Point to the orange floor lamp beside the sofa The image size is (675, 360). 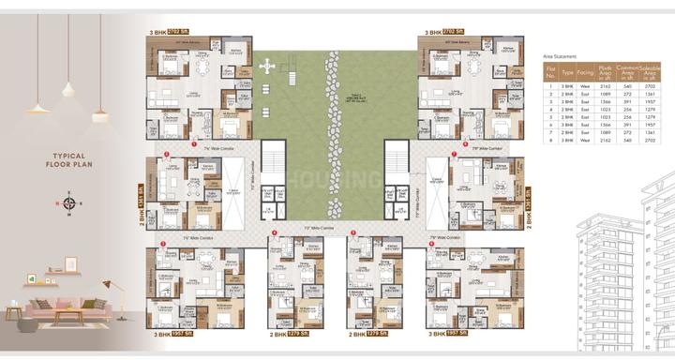coord(107,286)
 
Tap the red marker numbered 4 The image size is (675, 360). coord(274,232)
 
